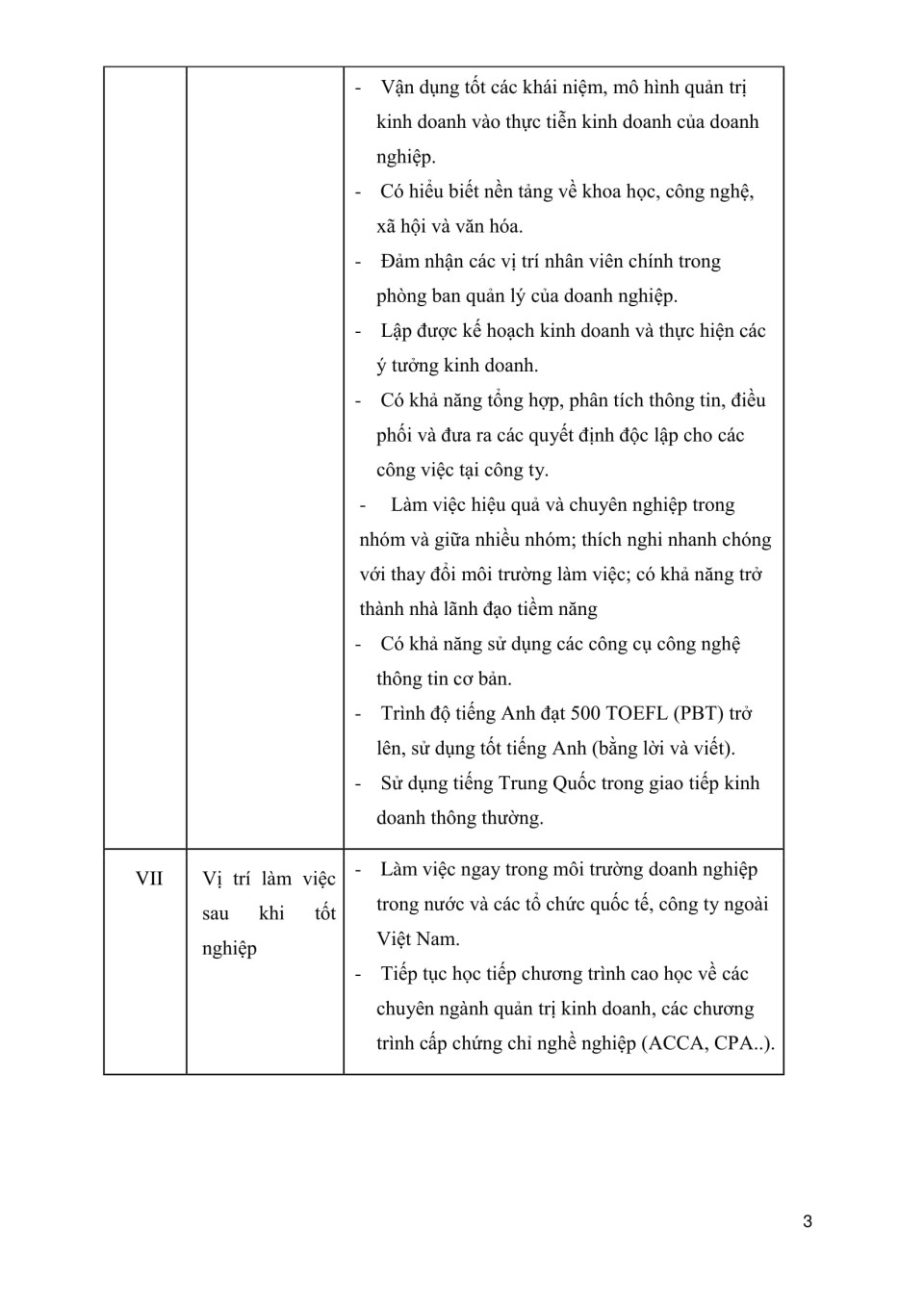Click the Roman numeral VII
pos(149,879)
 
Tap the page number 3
pos(808,1221)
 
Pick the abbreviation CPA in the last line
pos(734,1043)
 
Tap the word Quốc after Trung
pos(576,783)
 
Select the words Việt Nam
pos(418,939)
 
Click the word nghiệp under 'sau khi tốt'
pos(229,949)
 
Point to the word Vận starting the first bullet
pos(398,88)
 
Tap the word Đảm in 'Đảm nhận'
pos(400,262)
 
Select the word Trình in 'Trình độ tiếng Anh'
pos(403,714)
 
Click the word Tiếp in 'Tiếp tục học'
pos(400,974)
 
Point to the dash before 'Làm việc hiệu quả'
pos(363,505)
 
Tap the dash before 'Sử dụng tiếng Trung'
pos(358,783)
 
